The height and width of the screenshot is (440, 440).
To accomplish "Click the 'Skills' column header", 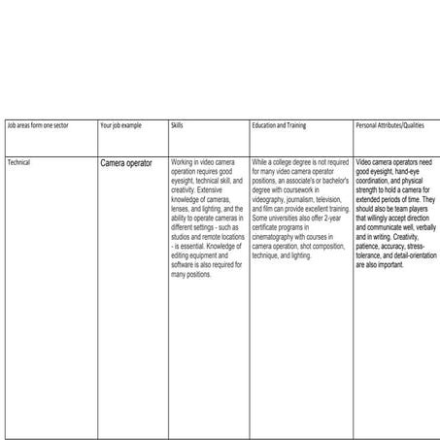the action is [x=177, y=126].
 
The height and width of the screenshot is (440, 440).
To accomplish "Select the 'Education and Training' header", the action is [x=282, y=126].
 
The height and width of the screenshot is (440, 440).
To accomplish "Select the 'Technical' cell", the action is [x=18, y=162].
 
